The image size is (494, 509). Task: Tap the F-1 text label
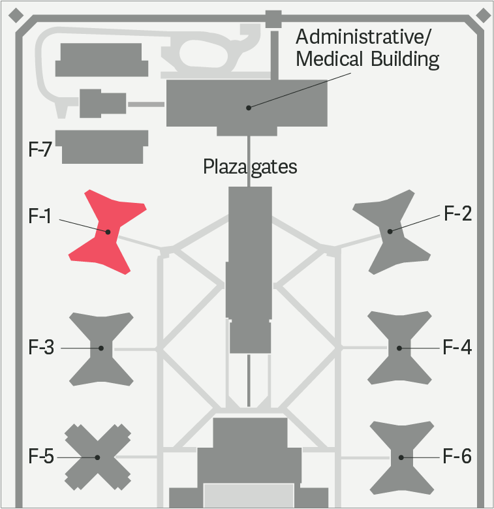click(40, 215)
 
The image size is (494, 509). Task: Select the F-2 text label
click(457, 213)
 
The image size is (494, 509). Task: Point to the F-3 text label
click(41, 347)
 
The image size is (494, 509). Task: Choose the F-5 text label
click(40, 456)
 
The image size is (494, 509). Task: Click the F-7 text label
click(40, 149)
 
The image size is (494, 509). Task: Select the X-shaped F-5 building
click(98, 457)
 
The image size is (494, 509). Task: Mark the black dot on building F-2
click(390, 230)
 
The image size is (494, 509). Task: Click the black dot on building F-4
click(399, 348)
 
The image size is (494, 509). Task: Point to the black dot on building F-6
click(400, 457)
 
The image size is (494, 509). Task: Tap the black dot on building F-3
click(101, 348)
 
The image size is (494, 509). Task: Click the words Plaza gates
click(250, 167)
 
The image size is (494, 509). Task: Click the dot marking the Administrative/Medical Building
click(249, 107)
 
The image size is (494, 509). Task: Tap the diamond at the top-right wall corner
click(483, 14)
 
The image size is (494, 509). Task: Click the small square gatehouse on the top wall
click(273, 17)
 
